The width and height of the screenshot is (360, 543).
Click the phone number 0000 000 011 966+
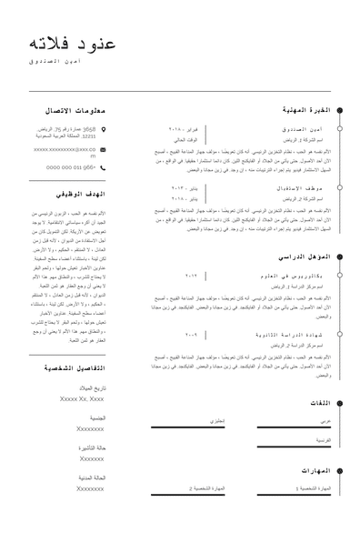click(71, 167)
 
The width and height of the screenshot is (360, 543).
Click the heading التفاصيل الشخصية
click(74, 367)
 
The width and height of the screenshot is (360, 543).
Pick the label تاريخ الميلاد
click(91, 388)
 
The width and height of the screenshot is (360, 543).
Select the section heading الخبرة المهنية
click(305, 109)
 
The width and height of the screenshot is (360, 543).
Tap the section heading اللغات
click(318, 403)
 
